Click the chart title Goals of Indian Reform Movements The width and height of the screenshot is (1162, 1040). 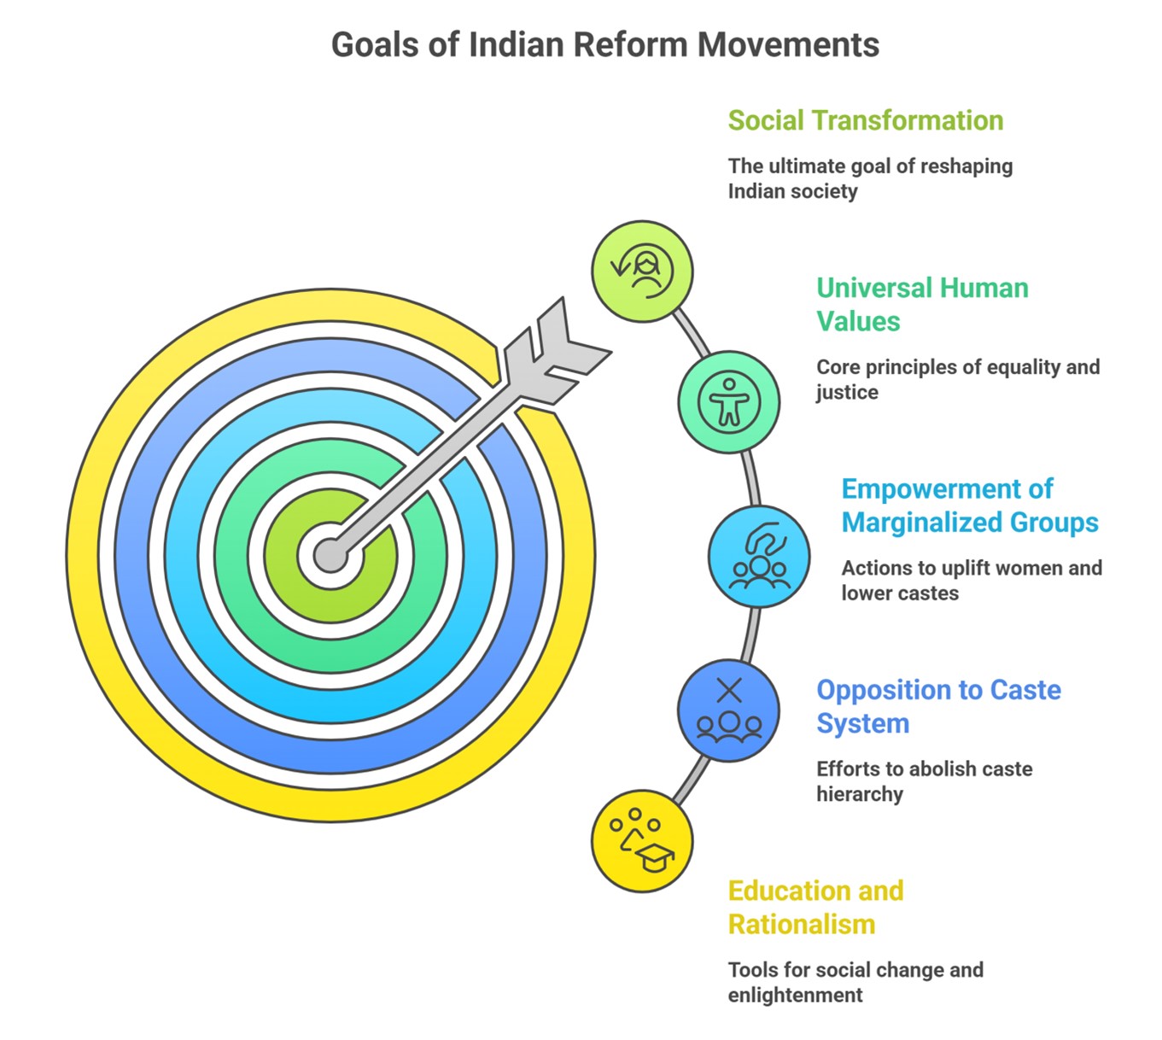(x=605, y=44)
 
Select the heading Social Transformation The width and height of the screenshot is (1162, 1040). (x=866, y=120)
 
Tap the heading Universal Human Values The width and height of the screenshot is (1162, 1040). (x=922, y=304)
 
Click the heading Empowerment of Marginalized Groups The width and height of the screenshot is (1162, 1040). (x=970, y=505)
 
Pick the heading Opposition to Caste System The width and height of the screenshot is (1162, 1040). (x=938, y=706)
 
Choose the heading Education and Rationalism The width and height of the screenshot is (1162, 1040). (x=815, y=908)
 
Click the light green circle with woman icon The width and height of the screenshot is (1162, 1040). (x=642, y=272)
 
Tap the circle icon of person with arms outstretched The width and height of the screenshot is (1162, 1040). (x=729, y=402)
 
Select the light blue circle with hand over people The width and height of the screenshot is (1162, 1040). (x=759, y=557)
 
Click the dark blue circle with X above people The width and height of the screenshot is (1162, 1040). (x=728, y=710)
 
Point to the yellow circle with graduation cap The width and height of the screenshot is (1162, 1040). (x=642, y=841)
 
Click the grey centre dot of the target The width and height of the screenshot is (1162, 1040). (x=331, y=555)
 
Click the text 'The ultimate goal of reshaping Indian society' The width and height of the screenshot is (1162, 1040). (x=870, y=178)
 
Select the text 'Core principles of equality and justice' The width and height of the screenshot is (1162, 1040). (x=958, y=379)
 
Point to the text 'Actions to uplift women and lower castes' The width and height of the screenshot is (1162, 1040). (x=972, y=580)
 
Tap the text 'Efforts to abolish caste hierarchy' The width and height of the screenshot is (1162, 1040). (x=924, y=781)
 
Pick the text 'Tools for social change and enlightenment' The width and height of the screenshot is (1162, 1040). (x=855, y=982)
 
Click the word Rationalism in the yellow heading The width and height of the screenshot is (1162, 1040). (x=802, y=924)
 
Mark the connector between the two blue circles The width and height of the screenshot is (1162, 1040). (x=749, y=634)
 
